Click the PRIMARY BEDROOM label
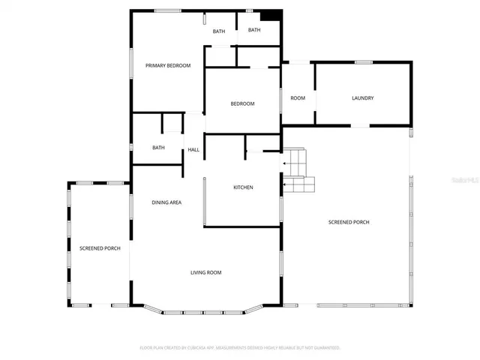pyautogui.click(x=168, y=66)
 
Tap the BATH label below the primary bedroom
pyautogui.click(x=158, y=148)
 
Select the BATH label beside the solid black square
pyautogui.click(x=254, y=30)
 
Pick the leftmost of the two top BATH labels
pyautogui.click(x=218, y=31)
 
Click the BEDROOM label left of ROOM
pyautogui.click(x=242, y=103)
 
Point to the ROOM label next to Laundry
pyautogui.click(x=298, y=98)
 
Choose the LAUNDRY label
pyautogui.click(x=363, y=98)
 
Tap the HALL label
pyautogui.click(x=193, y=150)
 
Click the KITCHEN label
pyautogui.click(x=243, y=187)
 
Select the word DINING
pyautogui.click(x=160, y=202)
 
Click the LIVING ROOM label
pyautogui.click(x=205, y=272)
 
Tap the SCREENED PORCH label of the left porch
pyautogui.click(x=100, y=248)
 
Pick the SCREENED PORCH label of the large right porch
pyautogui.click(x=349, y=222)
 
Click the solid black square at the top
pyautogui.click(x=271, y=16)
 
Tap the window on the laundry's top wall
pyautogui.click(x=364, y=62)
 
